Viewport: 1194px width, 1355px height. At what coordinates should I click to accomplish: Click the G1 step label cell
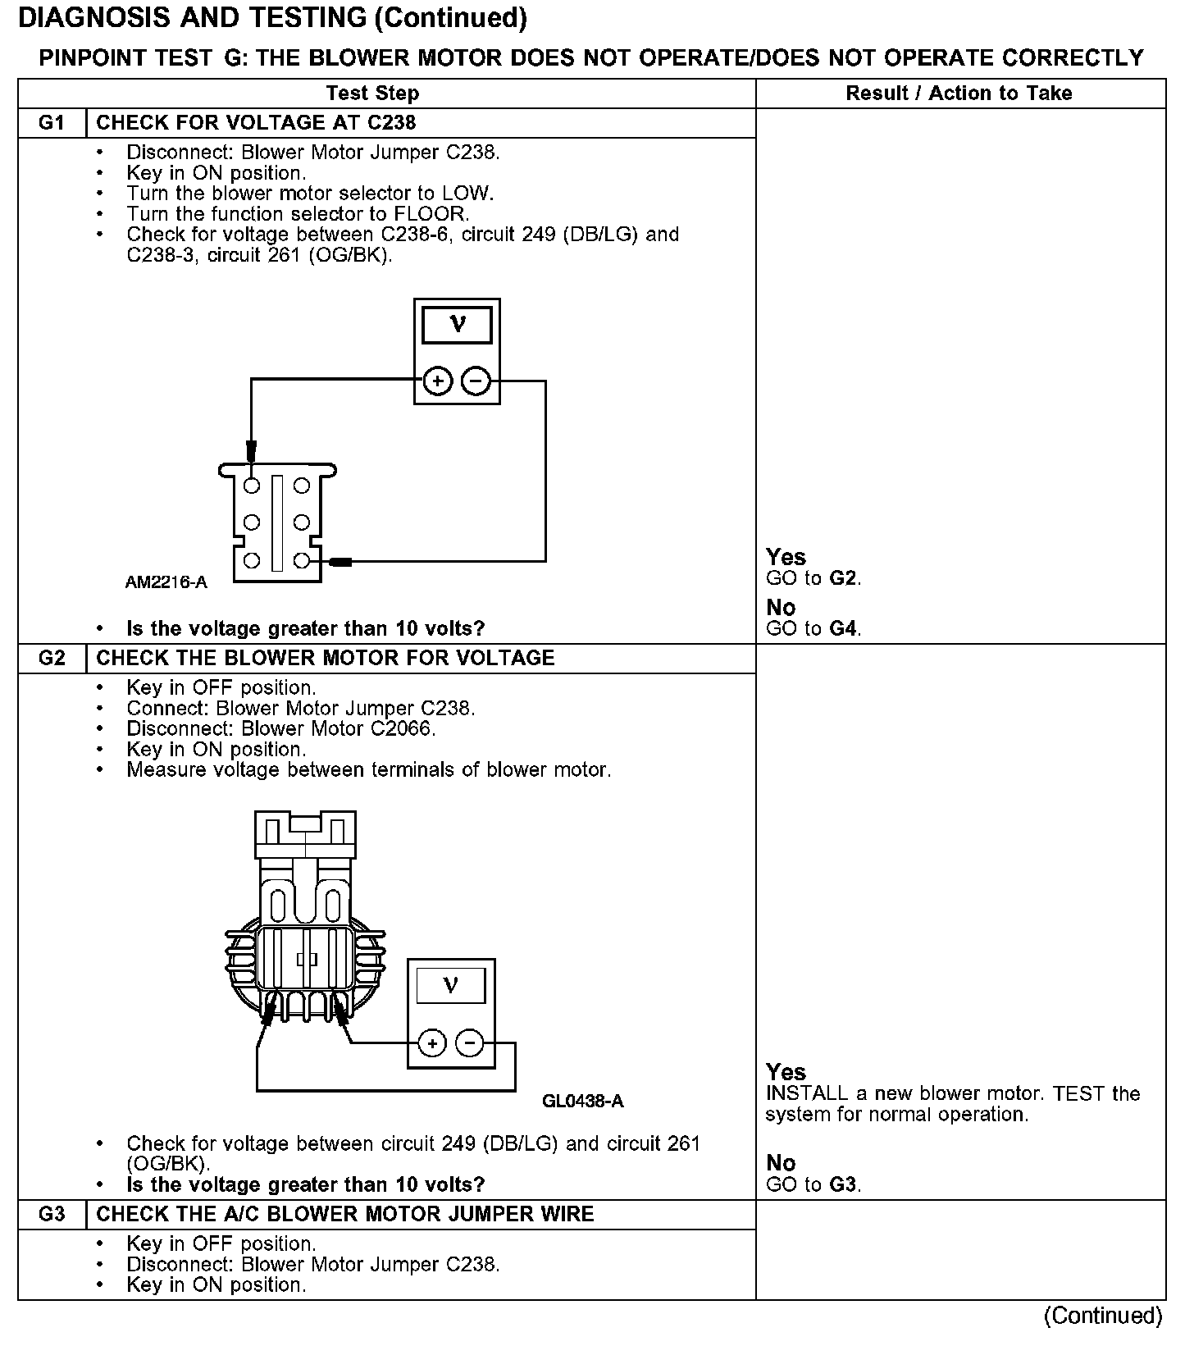52,123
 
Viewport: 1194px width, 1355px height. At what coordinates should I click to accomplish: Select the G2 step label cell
52,659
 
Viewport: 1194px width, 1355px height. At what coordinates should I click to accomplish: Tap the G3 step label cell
52,1215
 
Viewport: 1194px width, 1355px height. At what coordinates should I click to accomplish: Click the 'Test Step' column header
373,94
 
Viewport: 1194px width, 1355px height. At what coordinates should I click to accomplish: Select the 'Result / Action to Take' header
959,94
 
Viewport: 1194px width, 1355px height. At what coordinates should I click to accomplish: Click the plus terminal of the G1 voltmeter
438,381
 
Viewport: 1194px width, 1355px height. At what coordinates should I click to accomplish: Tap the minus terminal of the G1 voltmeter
476,381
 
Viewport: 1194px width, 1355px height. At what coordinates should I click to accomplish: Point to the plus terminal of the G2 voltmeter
432,1043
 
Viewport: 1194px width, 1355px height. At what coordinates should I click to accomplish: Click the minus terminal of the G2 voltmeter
470,1043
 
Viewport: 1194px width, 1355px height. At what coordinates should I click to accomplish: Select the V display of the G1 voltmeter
457,325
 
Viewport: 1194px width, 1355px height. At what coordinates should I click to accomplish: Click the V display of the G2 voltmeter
450,985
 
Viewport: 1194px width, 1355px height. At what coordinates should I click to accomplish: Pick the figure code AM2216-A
166,582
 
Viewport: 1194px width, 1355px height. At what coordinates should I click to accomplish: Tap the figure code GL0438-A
583,1102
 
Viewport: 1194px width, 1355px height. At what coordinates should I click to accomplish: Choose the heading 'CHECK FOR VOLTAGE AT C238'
256,123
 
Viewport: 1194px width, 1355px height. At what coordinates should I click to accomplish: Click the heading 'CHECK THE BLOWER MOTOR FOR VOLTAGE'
326,659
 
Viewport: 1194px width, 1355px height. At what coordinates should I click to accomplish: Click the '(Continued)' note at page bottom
1103,1316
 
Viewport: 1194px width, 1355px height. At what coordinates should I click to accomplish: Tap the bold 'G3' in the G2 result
844,1185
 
